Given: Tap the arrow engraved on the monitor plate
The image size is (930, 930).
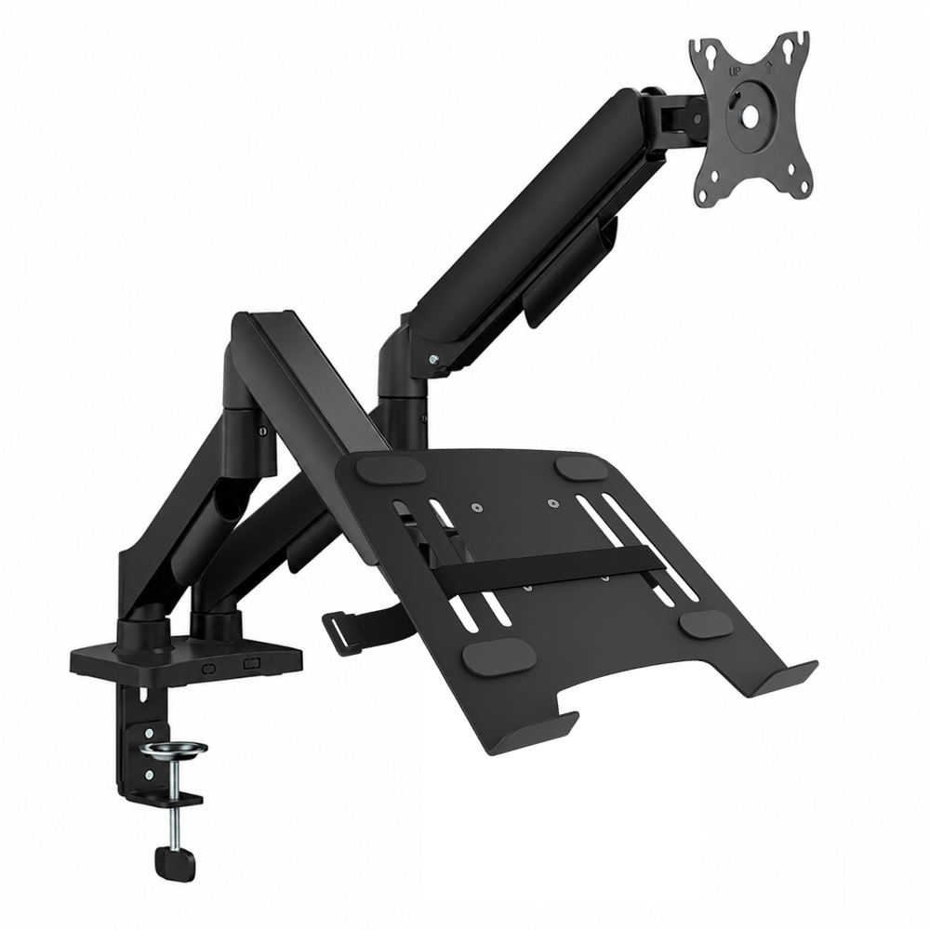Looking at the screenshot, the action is coord(768,69).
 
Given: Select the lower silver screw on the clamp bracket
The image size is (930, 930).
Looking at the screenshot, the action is coord(148,774).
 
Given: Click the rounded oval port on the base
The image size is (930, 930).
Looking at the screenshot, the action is coord(209,668).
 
